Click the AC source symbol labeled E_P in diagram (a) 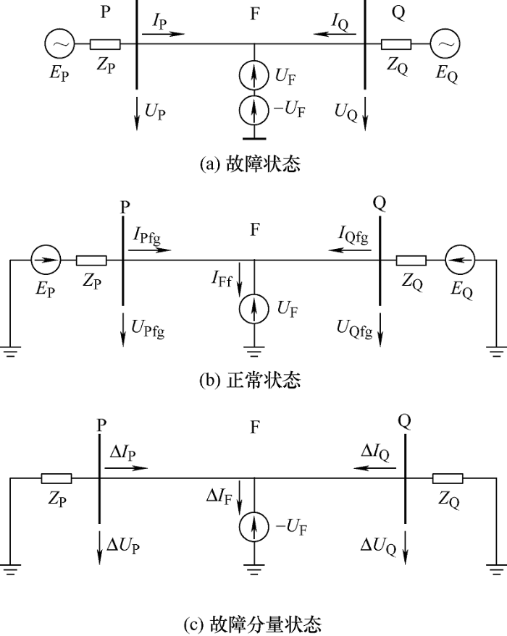(59, 45)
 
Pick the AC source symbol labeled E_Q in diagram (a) (445, 45)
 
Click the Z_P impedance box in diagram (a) (106, 45)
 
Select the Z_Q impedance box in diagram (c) (448, 478)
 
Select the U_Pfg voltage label (148, 329)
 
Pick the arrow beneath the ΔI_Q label (374, 468)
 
